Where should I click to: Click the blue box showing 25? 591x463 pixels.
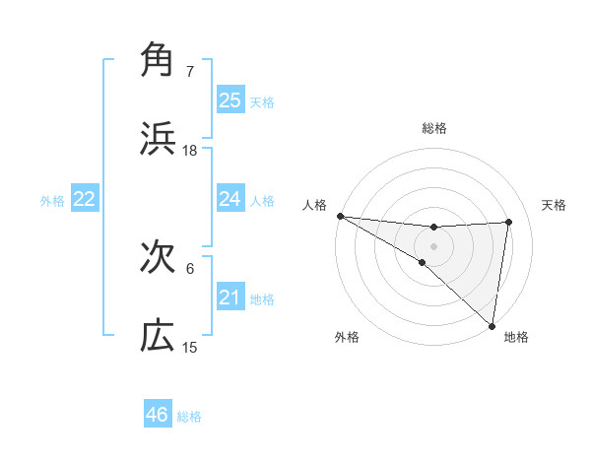point(230,99)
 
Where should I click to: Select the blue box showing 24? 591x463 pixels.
point(230,199)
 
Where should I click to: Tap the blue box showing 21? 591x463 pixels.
point(230,298)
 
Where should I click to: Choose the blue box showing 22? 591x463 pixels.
point(85,199)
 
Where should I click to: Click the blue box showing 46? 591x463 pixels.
point(158,415)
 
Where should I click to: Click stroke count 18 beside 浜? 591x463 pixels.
point(190,151)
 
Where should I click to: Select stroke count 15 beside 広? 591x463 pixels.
point(190,348)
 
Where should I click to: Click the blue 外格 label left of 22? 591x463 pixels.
point(52,200)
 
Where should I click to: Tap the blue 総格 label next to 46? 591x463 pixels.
point(189,417)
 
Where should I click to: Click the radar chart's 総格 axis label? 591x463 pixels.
point(433,128)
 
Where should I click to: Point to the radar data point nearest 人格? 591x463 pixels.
point(340,216)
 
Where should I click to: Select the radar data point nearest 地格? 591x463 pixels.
point(492,324)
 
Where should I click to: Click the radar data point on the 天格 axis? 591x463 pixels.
point(509,222)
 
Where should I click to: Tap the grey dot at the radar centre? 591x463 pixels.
point(433,245)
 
